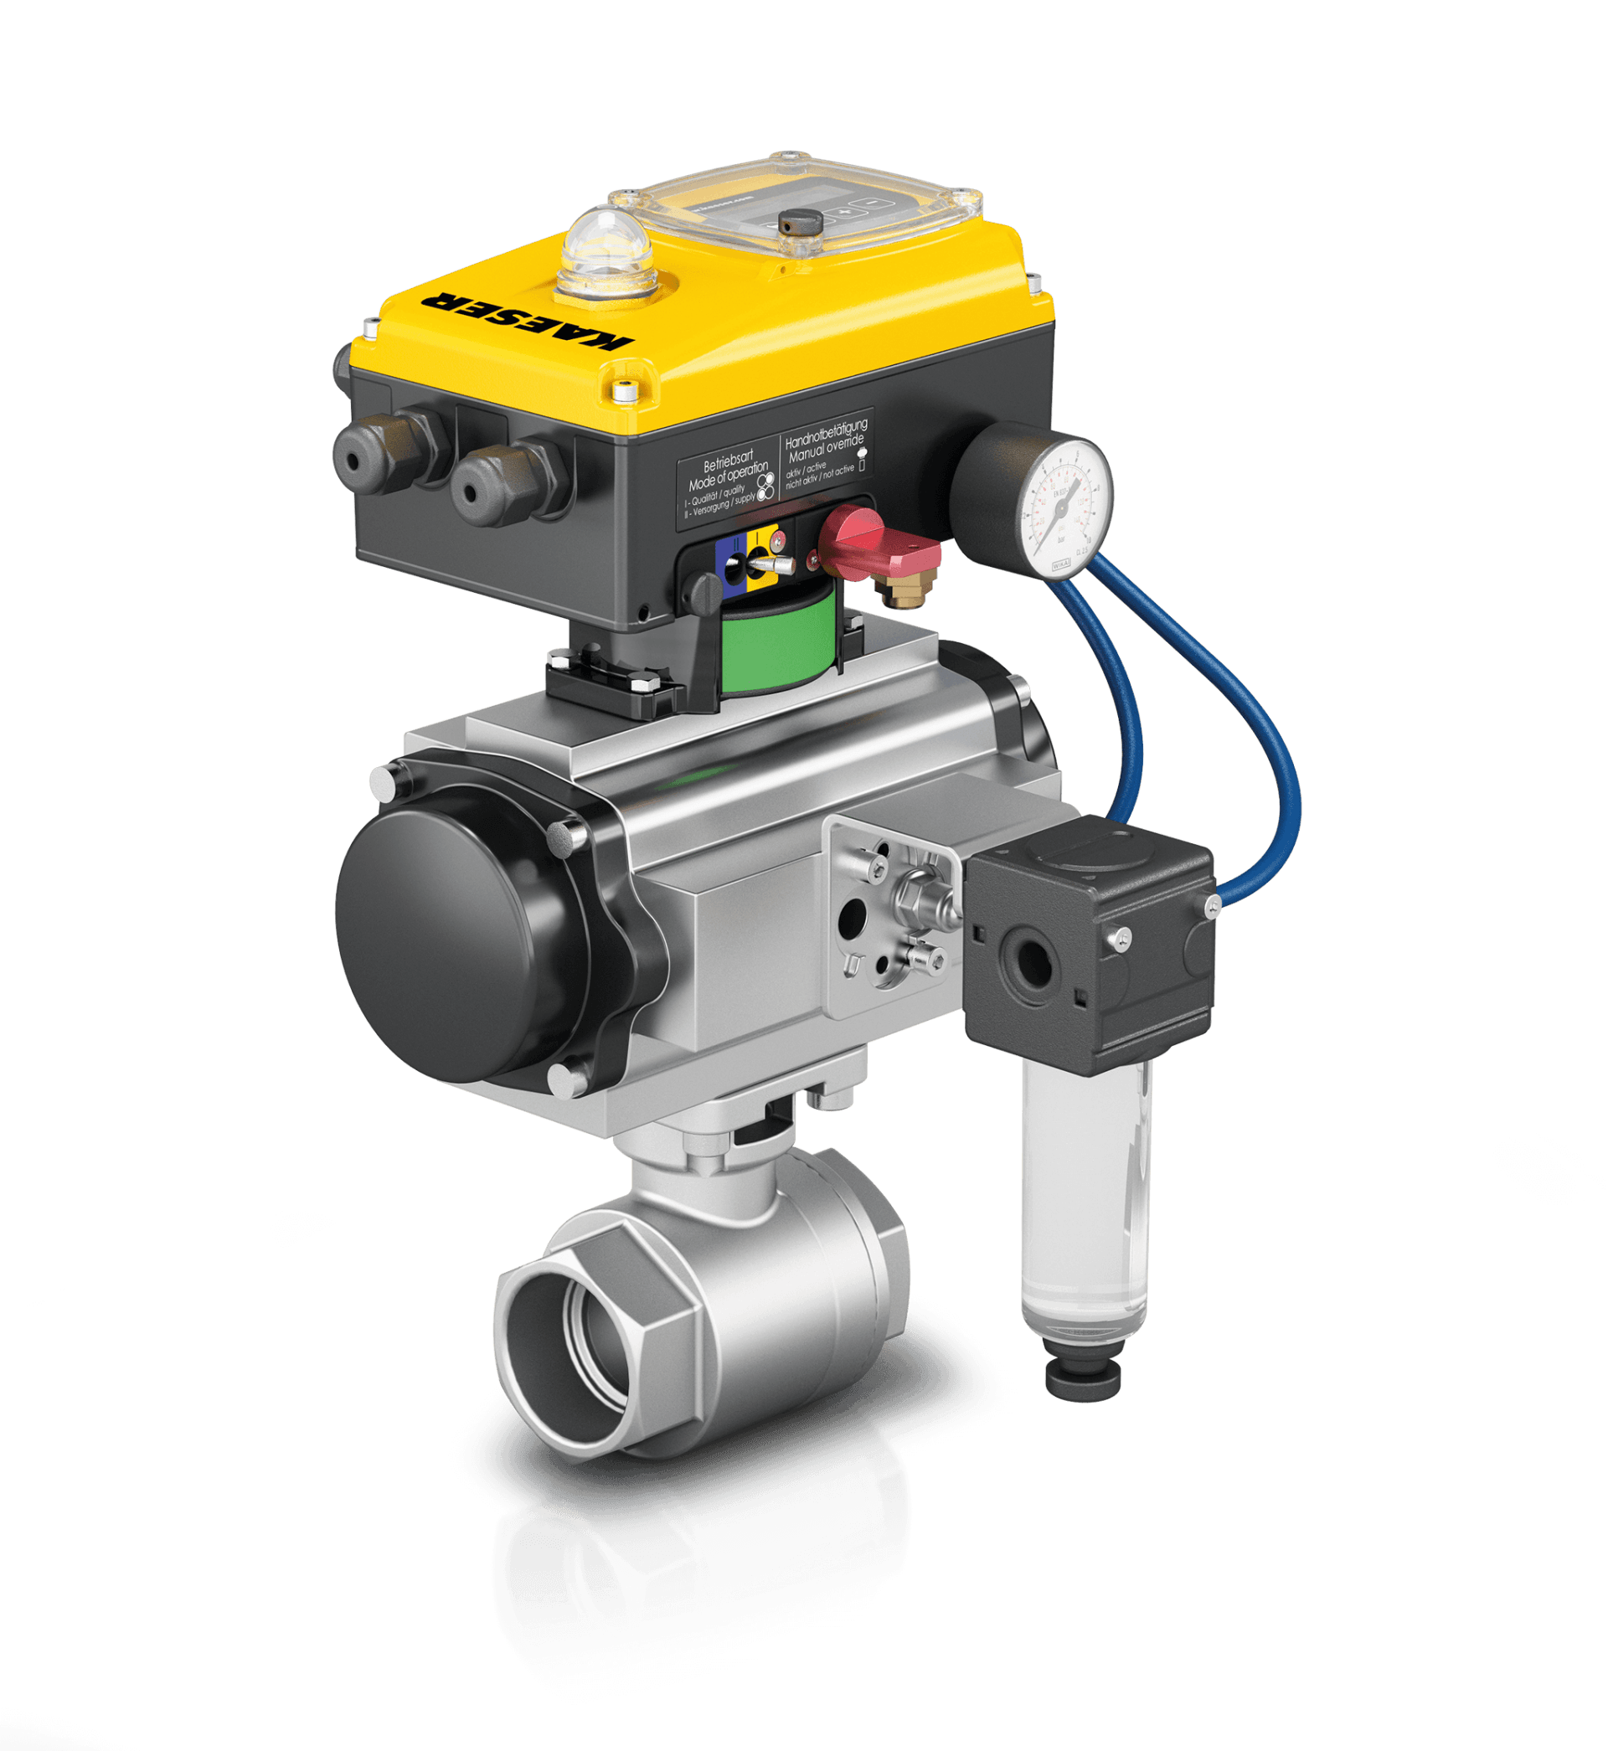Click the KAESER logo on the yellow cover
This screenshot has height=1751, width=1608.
(x=526, y=320)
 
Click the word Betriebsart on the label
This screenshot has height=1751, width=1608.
(x=728, y=461)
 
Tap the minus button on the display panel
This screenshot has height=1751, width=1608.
(x=868, y=203)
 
